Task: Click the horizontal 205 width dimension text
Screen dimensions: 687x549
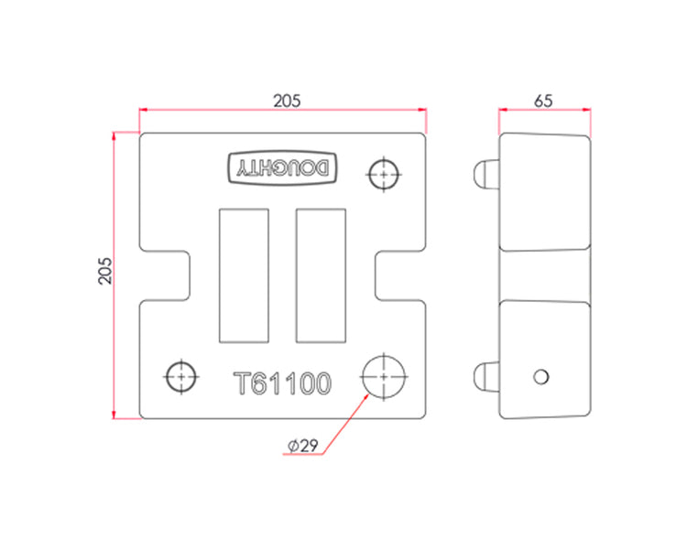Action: (x=287, y=102)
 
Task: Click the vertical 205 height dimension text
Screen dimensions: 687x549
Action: (x=105, y=271)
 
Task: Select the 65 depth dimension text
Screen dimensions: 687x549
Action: (x=543, y=102)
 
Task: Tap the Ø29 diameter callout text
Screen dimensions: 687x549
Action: (x=303, y=446)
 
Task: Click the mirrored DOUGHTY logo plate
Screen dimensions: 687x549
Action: (x=282, y=168)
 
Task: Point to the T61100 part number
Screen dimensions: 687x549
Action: (x=283, y=383)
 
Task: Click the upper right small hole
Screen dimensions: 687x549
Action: (x=384, y=174)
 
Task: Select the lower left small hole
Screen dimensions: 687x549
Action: (x=181, y=376)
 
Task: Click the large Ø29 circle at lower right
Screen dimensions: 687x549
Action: (x=384, y=376)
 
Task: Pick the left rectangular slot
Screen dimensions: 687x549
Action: (x=244, y=275)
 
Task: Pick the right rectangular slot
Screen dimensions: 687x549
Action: (x=321, y=275)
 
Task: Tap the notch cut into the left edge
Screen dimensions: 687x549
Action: (x=165, y=275)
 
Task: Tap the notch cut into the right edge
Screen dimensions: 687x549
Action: (x=400, y=275)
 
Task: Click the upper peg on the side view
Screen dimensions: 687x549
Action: (x=486, y=174)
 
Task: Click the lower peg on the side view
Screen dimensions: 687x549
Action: (x=486, y=376)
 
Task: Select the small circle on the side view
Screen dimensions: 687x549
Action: (x=541, y=376)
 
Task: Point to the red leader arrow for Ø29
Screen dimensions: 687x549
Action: (x=345, y=424)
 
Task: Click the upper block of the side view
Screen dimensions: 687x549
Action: (x=545, y=192)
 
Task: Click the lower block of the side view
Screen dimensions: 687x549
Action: (x=545, y=359)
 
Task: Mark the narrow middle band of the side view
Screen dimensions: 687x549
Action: (x=545, y=275)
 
